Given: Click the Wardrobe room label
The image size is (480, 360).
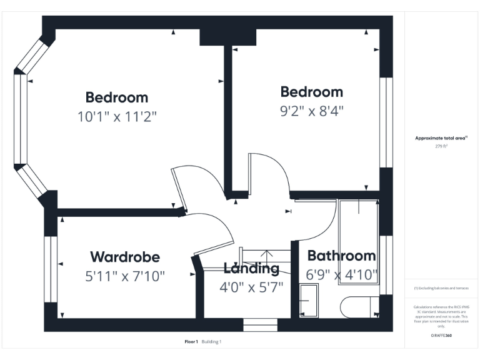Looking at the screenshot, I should [x=125, y=257].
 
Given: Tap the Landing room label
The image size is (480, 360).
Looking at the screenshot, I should [x=251, y=269].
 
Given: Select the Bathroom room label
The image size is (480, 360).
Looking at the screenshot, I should [x=341, y=256].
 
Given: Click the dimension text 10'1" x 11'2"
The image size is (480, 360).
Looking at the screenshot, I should [x=117, y=116].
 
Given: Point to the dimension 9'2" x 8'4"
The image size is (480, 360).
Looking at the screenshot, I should [x=311, y=111].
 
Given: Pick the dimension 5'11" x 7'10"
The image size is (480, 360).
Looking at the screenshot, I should [x=125, y=276].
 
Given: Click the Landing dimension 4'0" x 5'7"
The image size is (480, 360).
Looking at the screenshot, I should [x=251, y=287].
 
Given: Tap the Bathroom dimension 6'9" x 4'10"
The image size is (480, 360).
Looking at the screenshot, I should [x=341, y=274].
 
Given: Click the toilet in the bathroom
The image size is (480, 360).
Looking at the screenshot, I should [x=358, y=306].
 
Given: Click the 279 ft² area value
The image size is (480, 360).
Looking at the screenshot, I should [x=442, y=146].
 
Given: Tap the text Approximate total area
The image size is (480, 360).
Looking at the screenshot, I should [x=441, y=138].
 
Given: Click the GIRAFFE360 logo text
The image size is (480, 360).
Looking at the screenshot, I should [x=441, y=336].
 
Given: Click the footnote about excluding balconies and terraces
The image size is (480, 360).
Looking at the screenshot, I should [x=441, y=288].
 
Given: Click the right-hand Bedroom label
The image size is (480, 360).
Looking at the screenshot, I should [x=311, y=92].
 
